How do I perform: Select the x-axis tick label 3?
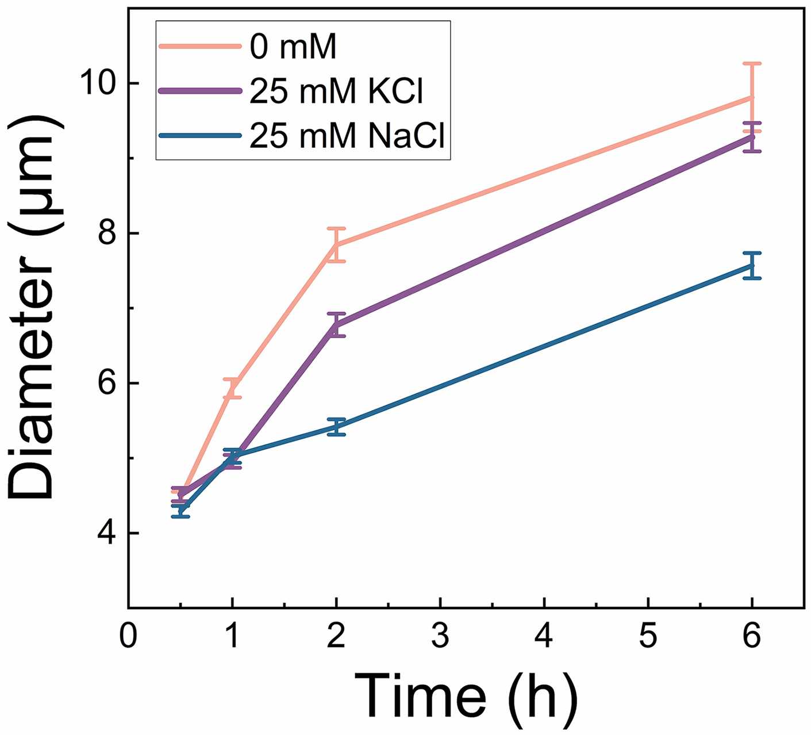440,638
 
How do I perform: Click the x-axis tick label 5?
648,638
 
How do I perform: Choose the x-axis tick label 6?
752,638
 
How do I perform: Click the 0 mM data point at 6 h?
752,98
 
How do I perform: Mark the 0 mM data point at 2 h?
336,245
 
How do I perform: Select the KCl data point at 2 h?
336,326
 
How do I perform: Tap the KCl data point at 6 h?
752,137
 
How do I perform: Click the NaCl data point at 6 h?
752,266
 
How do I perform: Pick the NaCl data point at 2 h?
336,427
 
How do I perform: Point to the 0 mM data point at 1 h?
232,388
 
